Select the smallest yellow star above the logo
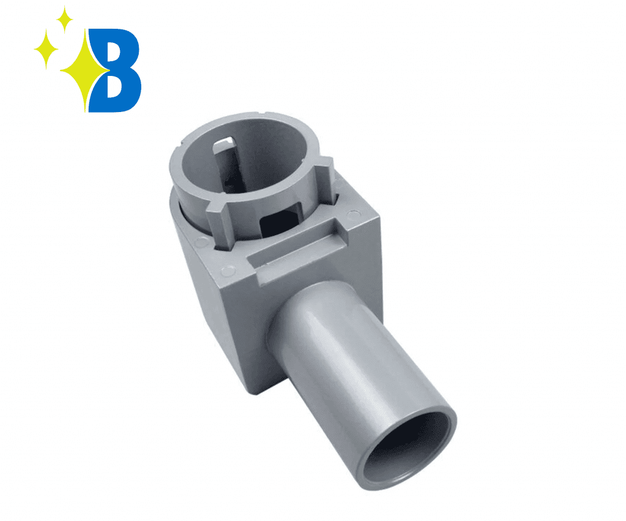click(x=64, y=20)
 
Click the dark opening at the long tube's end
click(x=411, y=448)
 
